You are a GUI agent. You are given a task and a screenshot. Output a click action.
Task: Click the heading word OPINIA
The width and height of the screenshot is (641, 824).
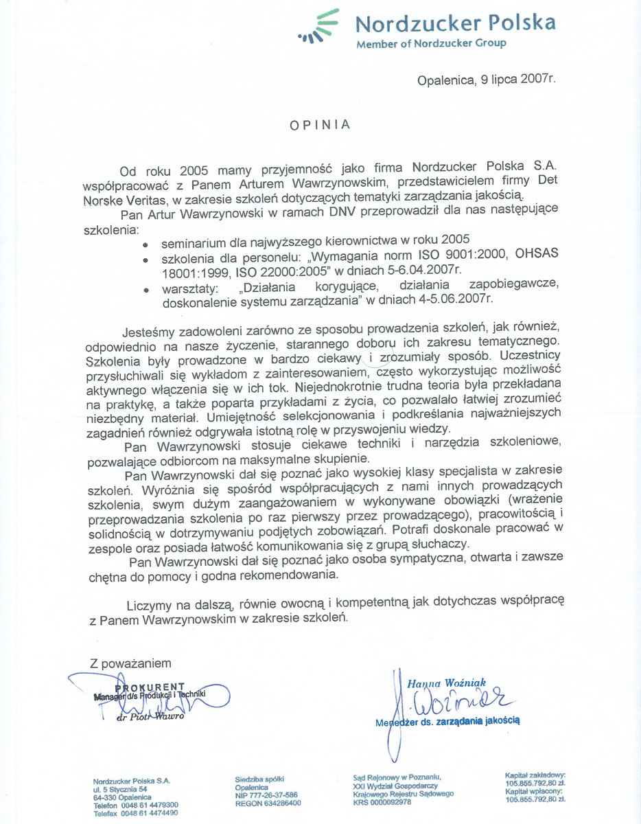pos(320,125)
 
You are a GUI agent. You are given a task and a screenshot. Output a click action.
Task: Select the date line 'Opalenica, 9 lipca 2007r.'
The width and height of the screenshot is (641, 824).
pos(486,80)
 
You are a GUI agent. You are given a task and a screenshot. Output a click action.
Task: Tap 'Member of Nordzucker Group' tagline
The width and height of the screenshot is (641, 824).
pos(431,44)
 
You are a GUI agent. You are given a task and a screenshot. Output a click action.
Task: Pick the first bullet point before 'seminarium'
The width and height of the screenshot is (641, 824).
pos(145,243)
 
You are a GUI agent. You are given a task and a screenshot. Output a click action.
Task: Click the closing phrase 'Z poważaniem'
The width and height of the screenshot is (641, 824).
pos(130,663)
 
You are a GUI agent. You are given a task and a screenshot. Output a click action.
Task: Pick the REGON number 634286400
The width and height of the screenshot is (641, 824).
pos(268,803)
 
